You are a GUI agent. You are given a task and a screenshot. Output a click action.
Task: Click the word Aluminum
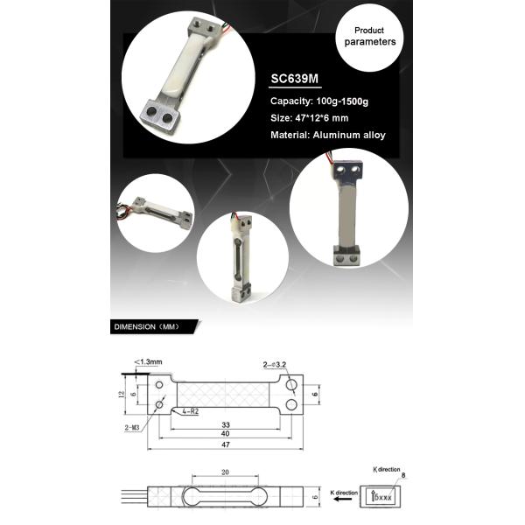point(339,136)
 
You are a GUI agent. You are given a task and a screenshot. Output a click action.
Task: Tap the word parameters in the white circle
point(369,42)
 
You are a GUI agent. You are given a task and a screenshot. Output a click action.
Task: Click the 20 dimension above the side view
point(226,472)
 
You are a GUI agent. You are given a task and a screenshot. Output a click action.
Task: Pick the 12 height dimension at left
point(122,394)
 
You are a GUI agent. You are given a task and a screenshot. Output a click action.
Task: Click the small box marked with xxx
point(385,497)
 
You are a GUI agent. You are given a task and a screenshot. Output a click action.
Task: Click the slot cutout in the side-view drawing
point(226,497)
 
